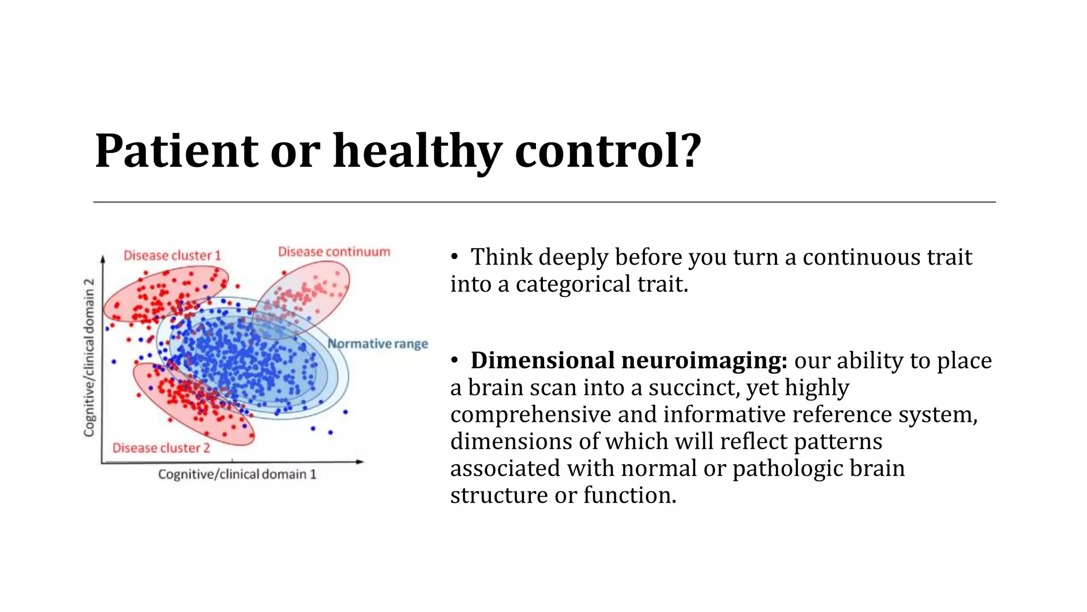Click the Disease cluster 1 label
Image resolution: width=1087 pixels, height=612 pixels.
pos(172,256)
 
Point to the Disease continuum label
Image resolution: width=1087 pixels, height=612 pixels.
pos(334,252)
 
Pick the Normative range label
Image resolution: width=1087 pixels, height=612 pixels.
pos(377,344)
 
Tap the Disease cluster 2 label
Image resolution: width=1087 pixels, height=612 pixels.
pos(161,448)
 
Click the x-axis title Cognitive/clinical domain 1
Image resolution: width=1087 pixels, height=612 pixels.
pos(237,474)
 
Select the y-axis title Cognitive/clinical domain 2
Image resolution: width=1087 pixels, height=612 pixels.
pos(89,357)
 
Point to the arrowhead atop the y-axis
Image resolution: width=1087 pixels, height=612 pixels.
pos(103,259)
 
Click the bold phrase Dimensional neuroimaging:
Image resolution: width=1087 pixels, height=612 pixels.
pos(628,361)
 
